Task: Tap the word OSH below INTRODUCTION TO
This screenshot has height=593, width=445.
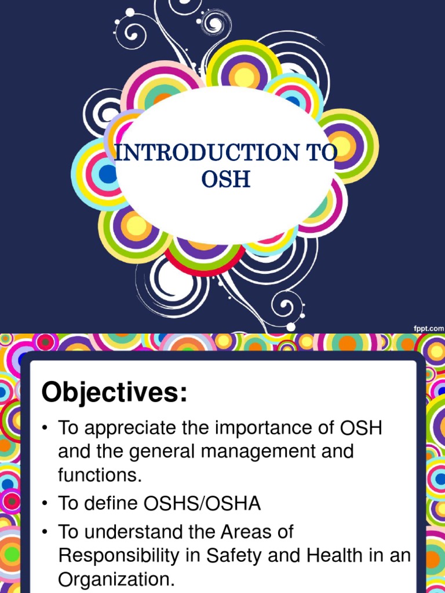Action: coord(226,179)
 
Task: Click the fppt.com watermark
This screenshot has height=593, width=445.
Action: coord(428,328)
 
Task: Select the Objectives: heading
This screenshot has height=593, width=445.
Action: coord(115,394)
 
